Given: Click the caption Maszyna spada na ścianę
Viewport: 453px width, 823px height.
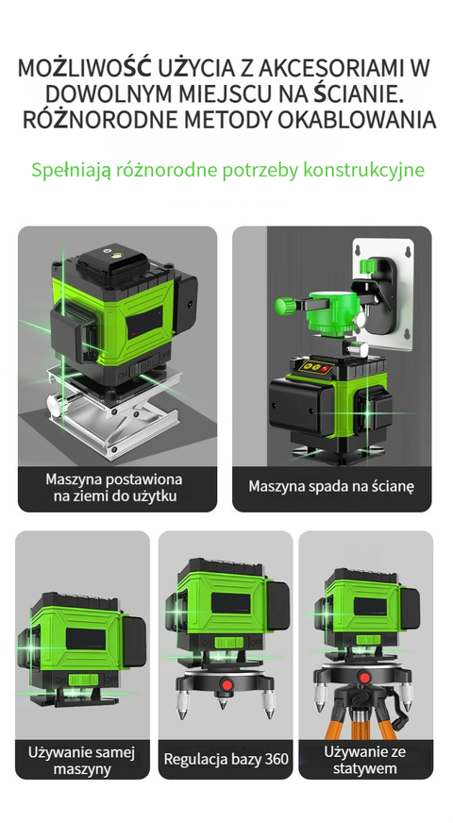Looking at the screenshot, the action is point(331,486).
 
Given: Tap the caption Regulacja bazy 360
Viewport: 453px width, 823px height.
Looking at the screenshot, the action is point(226,759).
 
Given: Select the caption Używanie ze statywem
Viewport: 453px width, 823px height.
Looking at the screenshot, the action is point(365,760).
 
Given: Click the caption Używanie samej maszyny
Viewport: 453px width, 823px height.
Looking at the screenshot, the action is point(82,761).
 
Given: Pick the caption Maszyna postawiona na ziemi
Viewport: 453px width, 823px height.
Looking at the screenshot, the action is point(113,487).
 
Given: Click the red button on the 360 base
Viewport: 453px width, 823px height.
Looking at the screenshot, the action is point(226,684).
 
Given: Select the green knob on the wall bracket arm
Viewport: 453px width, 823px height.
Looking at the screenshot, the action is point(286,306).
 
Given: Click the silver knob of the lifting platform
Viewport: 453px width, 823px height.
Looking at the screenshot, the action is point(54,405).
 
